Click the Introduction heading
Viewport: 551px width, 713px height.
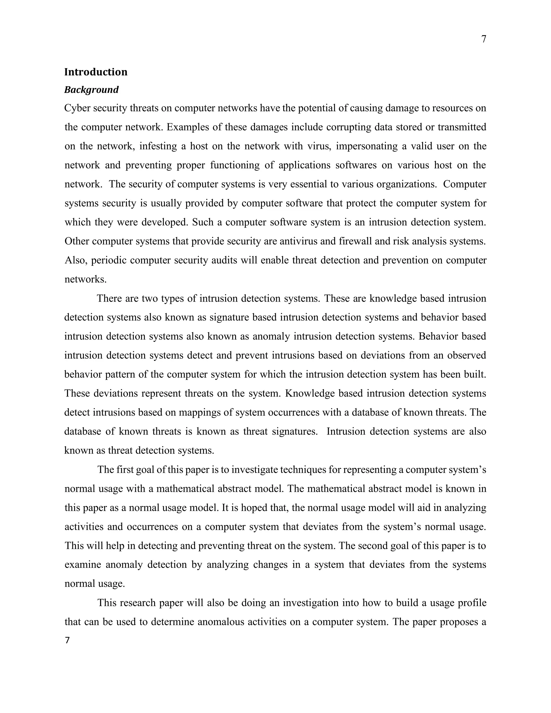tap(96, 72)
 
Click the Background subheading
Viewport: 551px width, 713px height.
tap(91, 90)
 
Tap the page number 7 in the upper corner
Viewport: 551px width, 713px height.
tap(484, 39)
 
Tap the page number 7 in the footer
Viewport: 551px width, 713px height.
tap(67, 641)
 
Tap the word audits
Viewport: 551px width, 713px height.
tap(224, 260)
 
